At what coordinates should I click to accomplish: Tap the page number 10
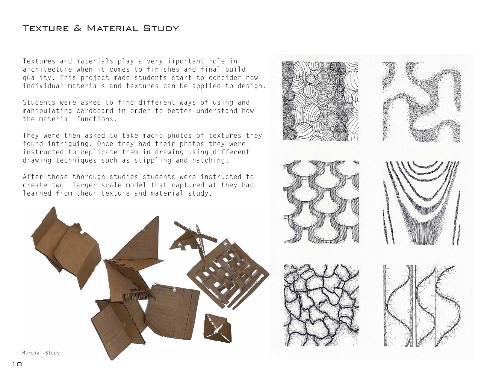pos(17,364)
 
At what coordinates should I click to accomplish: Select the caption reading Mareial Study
pos(41,353)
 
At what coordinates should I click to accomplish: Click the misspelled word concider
pos(225,78)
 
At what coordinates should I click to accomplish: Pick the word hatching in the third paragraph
pos(208,160)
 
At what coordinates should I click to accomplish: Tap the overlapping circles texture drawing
pos(320,101)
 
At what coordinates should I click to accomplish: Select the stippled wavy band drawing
pos(421,101)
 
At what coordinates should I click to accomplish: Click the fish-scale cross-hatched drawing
pos(321,202)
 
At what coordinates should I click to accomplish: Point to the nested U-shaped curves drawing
pos(422,203)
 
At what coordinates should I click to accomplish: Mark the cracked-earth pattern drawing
pos(321,305)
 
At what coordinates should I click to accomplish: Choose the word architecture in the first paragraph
pos(47,69)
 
